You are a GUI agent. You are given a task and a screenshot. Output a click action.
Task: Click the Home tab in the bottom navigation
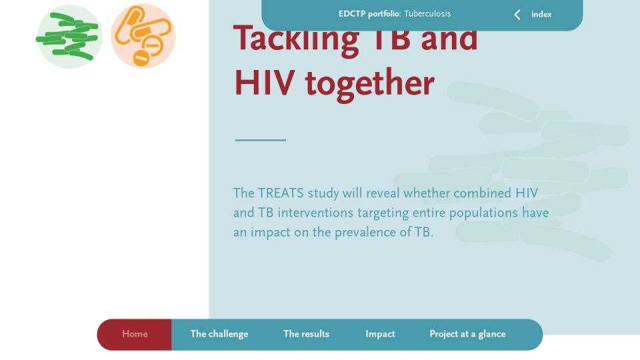click(x=135, y=334)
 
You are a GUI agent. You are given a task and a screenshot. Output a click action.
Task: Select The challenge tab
click(x=219, y=334)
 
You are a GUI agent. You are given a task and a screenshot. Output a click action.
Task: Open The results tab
click(x=306, y=334)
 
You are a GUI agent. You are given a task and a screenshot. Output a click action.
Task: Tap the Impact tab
click(x=380, y=334)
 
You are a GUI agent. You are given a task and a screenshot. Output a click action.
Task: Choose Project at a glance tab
click(x=467, y=334)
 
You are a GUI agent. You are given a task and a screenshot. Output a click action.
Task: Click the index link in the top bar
click(x=541, y=14)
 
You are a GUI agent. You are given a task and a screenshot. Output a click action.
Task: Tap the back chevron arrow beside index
click(x=517, y=15)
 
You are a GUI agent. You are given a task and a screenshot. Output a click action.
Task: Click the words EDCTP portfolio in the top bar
click(x=369, y=14)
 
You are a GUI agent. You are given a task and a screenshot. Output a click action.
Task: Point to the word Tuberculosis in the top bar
click(x=427, y=14)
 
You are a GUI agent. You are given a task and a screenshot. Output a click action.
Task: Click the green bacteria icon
click(x=69, y=36)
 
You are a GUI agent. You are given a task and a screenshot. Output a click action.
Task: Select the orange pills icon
click(x=143, y=36)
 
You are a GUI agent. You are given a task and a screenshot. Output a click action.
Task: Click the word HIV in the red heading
click(x=265, y=83)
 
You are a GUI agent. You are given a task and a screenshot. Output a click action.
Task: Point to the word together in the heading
click(x=370, y=85)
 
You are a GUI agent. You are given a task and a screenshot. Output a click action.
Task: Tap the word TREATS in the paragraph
click(x=281, y=193)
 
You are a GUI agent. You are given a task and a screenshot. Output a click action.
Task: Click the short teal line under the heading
click(x=261, y=140)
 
